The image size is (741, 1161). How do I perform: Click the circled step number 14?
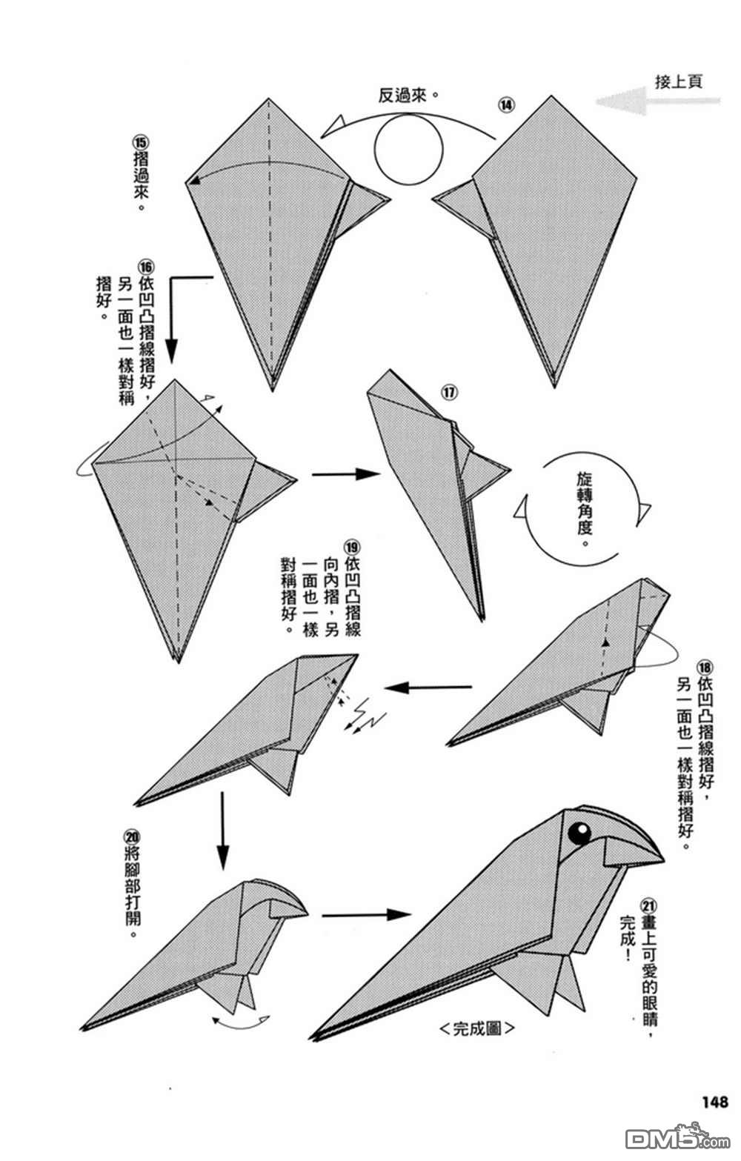pos(506,104)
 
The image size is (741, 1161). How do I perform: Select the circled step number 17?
pos(450,392)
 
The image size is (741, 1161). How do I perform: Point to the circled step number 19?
pos(352,548)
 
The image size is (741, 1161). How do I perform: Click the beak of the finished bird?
pos(634,851)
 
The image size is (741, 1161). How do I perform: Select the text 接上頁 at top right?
pos(679,81)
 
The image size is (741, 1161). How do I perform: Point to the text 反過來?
pos(405,96)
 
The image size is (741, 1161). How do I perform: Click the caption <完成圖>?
pos(476,1028)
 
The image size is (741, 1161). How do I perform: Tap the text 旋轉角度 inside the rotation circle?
pos(584,508)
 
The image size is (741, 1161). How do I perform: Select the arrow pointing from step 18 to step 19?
pos(428,688)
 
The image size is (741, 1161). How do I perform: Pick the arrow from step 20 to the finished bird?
pos(365,914)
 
